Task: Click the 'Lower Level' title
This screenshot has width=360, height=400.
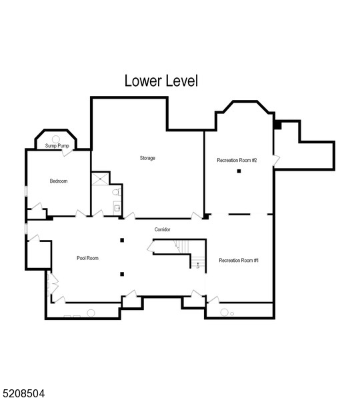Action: click(161, 81)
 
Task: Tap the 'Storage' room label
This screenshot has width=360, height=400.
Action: click(147, 158)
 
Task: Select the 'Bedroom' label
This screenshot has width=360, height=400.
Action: click(59, 181)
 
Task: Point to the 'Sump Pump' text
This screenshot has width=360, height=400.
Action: click(57, 145)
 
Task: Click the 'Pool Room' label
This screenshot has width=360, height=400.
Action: click(87, 258)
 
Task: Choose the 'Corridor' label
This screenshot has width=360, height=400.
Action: click(163, 229)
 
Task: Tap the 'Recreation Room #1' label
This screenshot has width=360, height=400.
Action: click(239, 260)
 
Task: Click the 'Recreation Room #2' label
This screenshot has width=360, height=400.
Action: click(237, 160)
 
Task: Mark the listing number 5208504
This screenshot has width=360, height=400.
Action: click(23, 394)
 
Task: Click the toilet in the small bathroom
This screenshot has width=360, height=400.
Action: click(117, 192)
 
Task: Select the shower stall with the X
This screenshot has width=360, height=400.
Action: click(100, 179)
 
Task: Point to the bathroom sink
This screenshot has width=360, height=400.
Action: click(118, 208)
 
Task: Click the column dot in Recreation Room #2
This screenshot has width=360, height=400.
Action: click(239, 171)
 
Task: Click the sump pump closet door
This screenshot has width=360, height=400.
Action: click(67, 152)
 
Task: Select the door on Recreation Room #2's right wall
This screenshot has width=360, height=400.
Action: click(276, 160)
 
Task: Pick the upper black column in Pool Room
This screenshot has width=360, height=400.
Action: click(122, 240)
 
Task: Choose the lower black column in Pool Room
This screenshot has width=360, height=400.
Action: click(122, 274)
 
